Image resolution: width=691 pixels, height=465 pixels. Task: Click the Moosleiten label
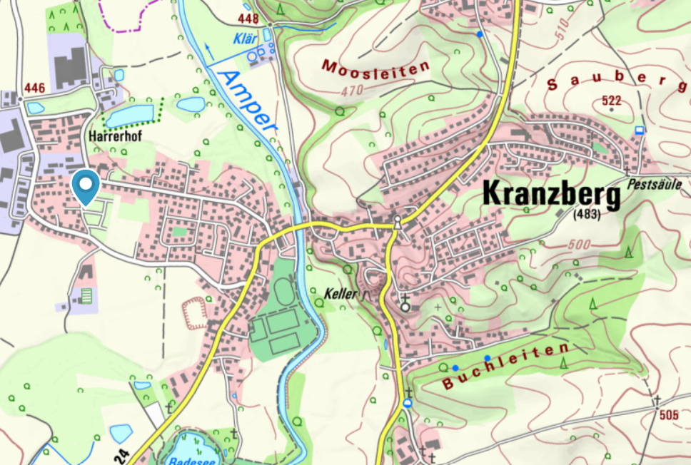[376, 68]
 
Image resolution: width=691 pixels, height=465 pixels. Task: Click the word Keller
[340, 293]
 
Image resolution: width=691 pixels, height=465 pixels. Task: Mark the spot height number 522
[612, 100]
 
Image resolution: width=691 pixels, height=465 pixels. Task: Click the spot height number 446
[34, 88]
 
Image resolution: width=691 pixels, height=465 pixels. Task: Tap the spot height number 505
[669, 415]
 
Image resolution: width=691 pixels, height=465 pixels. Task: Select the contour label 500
[582, 246]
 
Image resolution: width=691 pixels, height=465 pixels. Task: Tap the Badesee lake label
[188, 460]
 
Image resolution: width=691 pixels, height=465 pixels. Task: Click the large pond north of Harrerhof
[130, 115]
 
